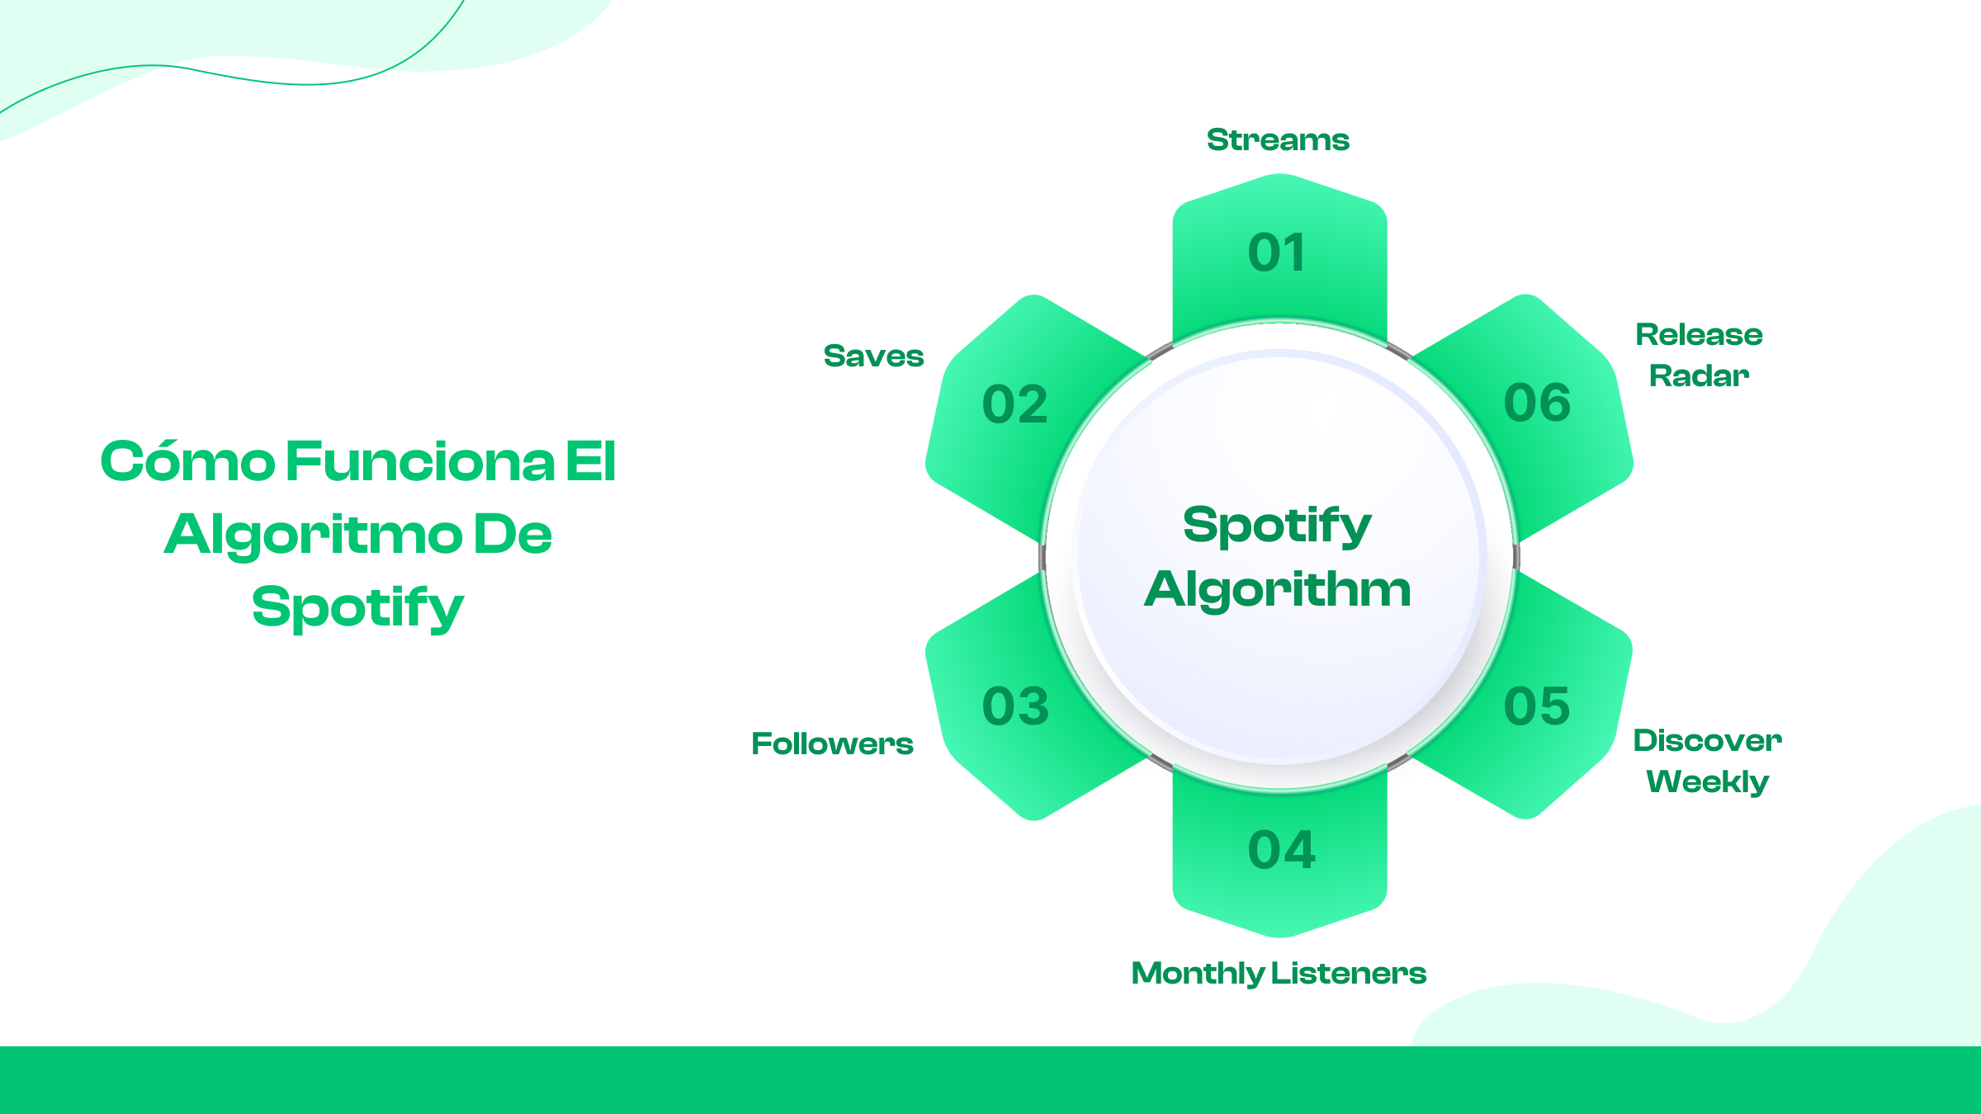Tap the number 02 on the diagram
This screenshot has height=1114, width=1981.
(x=1014, y=405)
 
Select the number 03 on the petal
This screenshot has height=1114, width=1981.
(x=1015, y=707)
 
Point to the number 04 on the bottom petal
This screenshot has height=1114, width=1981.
(x=1281, y=851)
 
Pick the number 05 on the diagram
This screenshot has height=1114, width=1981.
(x=1536, y=707)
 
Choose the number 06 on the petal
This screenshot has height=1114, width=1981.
(x=1537, y=404)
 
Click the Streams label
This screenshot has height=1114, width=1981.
(x=1278, y=140)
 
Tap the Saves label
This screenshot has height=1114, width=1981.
(x=873, y=356)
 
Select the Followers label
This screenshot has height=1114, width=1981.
(x=832, y=744)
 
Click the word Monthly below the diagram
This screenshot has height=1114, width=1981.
(x=1197, y=974)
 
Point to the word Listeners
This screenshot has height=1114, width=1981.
(x=1349, y=974)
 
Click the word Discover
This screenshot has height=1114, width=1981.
(x=1707, y=741)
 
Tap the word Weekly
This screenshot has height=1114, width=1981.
(x=1707, y=781)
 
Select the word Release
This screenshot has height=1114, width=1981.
(x=1699, y=335)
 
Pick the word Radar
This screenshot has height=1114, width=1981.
(x=1699, y=376)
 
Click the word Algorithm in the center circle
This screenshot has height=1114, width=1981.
(x=1278, y=589)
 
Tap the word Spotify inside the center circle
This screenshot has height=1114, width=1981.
(x=1277, y=526)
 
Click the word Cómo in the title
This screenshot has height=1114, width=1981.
(x=187, y=461)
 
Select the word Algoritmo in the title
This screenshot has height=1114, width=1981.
(x=313, y=535)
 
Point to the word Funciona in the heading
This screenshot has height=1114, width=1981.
(x=420, y=461)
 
